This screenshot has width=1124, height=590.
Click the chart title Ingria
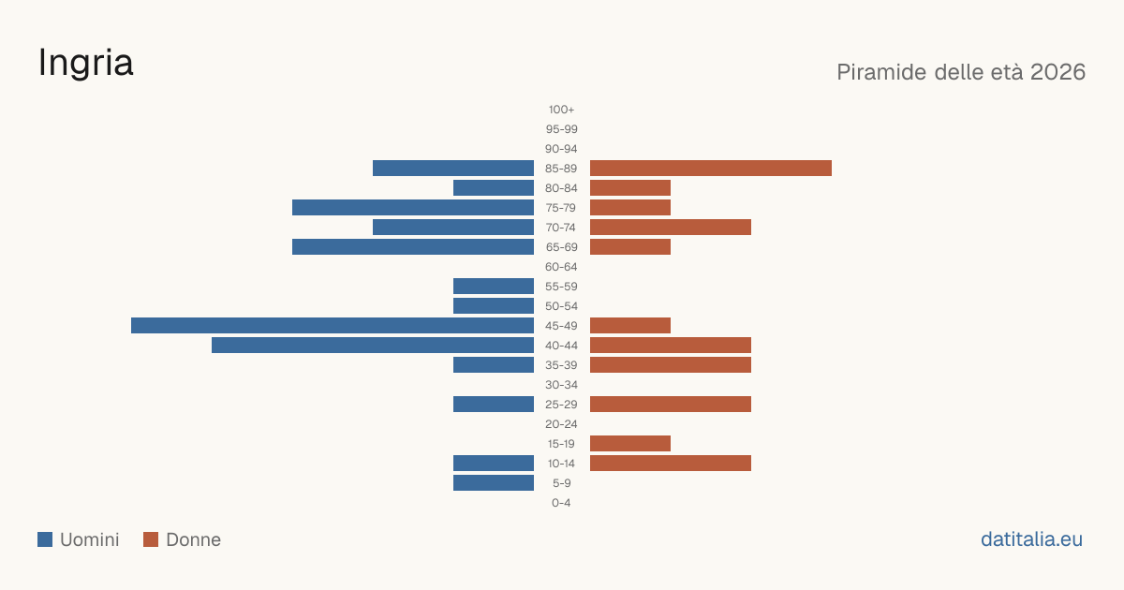(x=86, y=64)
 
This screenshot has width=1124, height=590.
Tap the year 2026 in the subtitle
(x=1057, y=72)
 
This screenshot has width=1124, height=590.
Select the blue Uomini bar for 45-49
(x=333, y=326)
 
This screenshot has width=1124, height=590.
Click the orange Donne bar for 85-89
(x=711, y=168)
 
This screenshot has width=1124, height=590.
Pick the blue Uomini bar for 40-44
(x=373, y=346)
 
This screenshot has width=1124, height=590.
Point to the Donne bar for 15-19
(x=630, y=444)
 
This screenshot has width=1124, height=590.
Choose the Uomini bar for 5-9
(x=494, y=482)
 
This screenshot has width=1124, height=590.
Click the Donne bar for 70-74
(x=671, y=228)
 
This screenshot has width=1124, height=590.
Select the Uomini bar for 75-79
(x=413, y=208)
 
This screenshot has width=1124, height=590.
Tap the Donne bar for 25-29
(x=671, y=405)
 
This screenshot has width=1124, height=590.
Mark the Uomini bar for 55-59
(x=494, y=286)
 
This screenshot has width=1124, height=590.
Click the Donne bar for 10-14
(x=671, y=463)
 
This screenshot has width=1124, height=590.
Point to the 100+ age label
(x=561, y=110)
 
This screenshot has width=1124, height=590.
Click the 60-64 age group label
(x=561, y=267)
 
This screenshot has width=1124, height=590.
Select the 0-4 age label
(x=561, y=503)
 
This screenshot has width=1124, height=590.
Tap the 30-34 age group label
(x=561, y=385)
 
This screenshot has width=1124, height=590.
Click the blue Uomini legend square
(x=45, y=539)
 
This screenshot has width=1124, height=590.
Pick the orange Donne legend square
(x=151, y=539)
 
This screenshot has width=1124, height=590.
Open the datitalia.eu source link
(x=1031, y=539)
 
